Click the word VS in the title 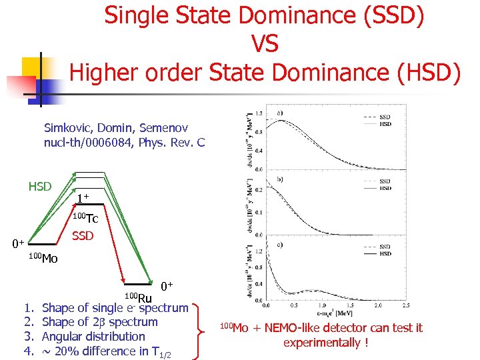[x=265, y=44]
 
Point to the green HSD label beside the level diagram [x=40, y=186]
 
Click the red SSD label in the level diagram [x=83, y=236]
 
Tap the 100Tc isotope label [x=85, y=217]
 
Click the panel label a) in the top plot [x=281, y=112]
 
